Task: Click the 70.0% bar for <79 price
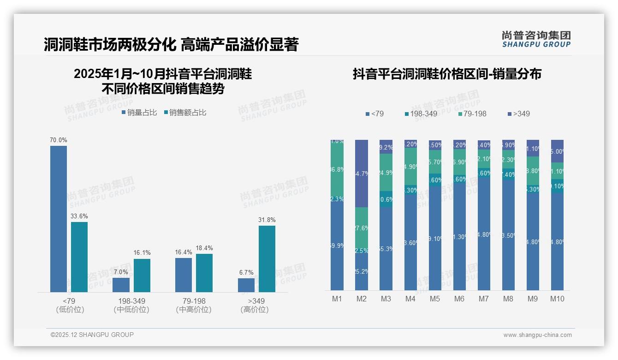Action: click(x=59, y=219)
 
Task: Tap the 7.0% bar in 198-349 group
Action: click(x=121, y=285)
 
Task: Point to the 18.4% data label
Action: click(x=204, y=248)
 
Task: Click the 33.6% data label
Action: click(x=79, y=216)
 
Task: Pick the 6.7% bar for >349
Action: click(x=246, y=285)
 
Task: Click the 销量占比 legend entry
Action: click(x=139, y=113)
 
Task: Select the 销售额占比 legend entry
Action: click(x=185, y=113)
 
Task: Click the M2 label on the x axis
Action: click(x=361, y=299)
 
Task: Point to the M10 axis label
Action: click(x=557, y=299)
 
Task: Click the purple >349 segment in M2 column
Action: click(x=361, y=173)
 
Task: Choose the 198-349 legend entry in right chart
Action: click(x=421, y=114)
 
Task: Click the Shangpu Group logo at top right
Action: click(x=536, y=39)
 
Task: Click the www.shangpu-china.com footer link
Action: click(x=537, y=335)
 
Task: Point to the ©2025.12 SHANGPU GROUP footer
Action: click(x=92, y=335)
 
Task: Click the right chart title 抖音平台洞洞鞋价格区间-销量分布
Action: click(x=447, y=74)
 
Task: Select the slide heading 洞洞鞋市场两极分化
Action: click(x=110, y=45)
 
